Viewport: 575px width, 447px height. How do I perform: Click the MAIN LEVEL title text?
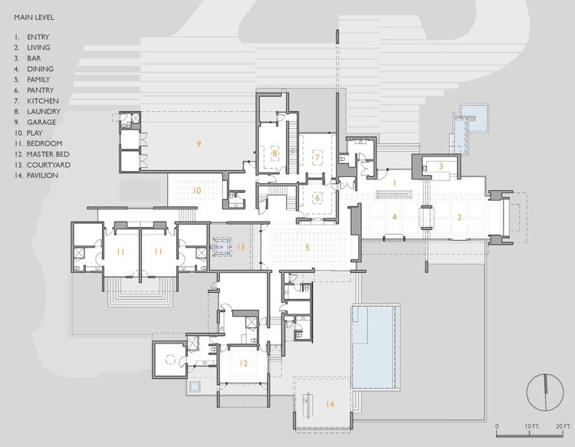coord(33,15)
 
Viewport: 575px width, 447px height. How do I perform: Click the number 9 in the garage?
coord(198,143)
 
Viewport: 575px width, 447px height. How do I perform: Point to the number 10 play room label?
coord(196,190)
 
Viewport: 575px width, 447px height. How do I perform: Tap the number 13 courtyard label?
coord(240,247)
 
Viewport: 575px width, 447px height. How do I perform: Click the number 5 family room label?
coord(307,247)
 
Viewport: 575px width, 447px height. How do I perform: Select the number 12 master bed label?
coord(243,363)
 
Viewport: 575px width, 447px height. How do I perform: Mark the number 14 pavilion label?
coord(330,404)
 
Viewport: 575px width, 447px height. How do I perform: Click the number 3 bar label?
coord(441,166)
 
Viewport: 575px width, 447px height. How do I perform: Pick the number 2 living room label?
coord(459,217)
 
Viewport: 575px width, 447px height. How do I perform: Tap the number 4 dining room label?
coord(395,217)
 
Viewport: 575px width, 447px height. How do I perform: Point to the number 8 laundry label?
coord(274,154)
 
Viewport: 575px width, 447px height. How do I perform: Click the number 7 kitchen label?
coord(316,157)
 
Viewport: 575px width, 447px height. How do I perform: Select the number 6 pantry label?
coord(317,197)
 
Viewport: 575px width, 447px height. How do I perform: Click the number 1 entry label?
coord(393,183)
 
